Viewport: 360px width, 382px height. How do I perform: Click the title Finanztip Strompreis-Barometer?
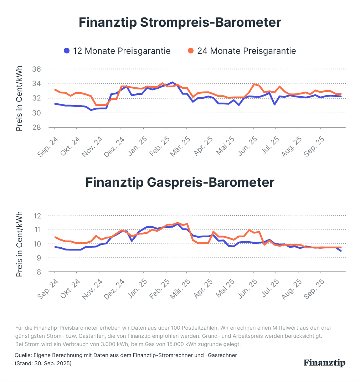coord(180,22)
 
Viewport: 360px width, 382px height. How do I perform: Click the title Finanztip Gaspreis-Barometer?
coord(180,182)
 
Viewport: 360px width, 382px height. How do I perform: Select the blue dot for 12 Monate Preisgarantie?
coord(67,51)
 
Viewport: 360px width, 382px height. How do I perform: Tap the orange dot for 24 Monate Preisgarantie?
coord(191,51)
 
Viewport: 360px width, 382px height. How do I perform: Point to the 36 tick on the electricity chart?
coord(37,69)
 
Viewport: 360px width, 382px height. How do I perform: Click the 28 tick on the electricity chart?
coord(37,128)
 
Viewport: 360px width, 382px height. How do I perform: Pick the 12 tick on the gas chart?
coord(37,216)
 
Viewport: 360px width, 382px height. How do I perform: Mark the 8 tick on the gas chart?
coord(39,272)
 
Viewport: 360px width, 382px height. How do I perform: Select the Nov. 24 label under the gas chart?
coord(93,289)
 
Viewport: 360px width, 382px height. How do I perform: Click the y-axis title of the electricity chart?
coord(19,98)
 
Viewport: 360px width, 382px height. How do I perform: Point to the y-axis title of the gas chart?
coord(19,244)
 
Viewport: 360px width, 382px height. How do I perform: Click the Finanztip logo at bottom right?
coord(324,363)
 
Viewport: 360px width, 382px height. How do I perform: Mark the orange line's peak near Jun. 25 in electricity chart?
coord(254,84)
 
